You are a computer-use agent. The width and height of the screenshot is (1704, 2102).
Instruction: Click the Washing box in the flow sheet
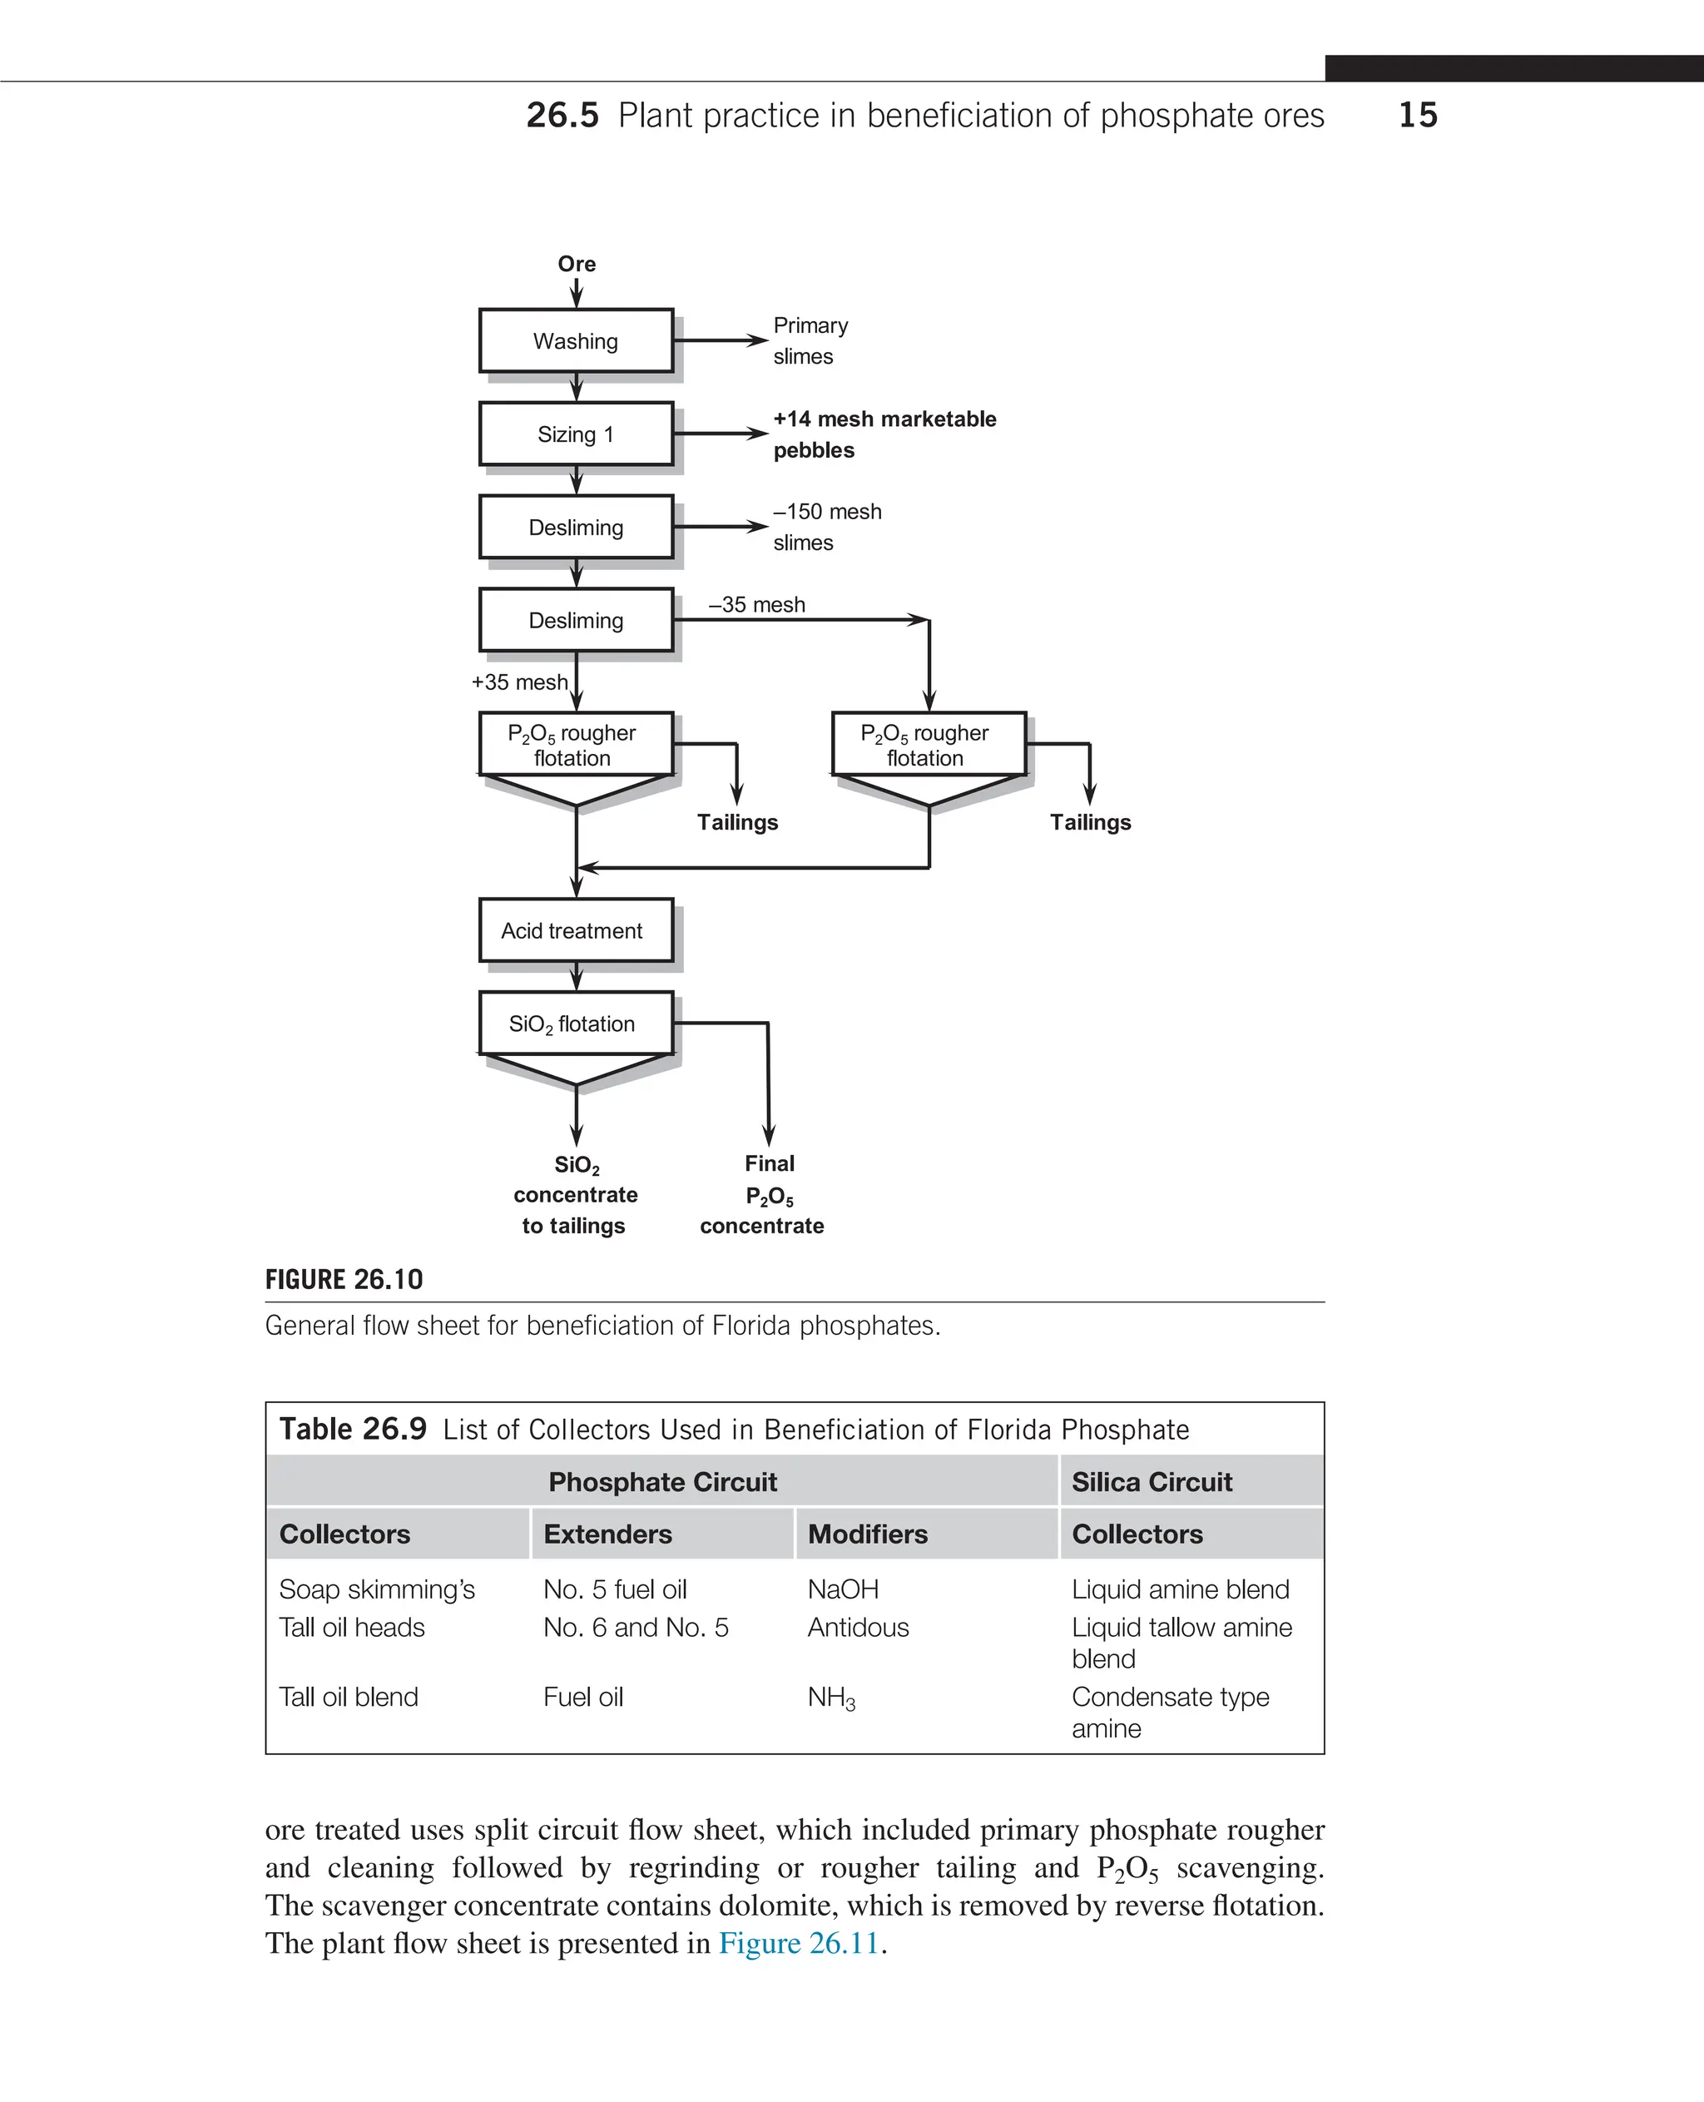576,340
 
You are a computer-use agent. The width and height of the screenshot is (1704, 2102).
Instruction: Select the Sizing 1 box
576,434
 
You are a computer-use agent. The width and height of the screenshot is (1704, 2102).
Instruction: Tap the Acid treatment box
576,930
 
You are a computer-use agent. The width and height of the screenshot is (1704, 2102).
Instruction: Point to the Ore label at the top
576,264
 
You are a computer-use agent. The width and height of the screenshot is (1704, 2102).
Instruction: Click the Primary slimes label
810,340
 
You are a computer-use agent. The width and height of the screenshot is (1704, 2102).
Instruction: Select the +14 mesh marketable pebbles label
884,434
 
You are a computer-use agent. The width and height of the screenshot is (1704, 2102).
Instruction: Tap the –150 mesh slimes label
826,528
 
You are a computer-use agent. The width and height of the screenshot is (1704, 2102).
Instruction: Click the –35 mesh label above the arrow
757,605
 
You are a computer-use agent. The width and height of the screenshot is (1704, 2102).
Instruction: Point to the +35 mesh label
519,682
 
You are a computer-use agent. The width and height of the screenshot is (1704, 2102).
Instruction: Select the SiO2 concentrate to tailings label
575,1195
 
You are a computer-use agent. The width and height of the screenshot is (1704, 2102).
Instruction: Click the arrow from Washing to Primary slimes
721,340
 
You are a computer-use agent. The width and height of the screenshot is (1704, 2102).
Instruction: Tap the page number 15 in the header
1418,115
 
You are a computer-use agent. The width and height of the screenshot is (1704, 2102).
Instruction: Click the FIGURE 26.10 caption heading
344,1279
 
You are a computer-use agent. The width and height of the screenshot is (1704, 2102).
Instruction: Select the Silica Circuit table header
1152,1481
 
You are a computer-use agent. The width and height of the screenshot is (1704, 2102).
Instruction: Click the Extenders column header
607,1534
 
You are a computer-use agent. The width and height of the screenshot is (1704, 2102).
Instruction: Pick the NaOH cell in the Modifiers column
843,1589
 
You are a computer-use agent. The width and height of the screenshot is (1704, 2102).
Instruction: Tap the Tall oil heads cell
351,1627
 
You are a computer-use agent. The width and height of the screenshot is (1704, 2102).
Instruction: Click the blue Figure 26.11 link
799,1943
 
